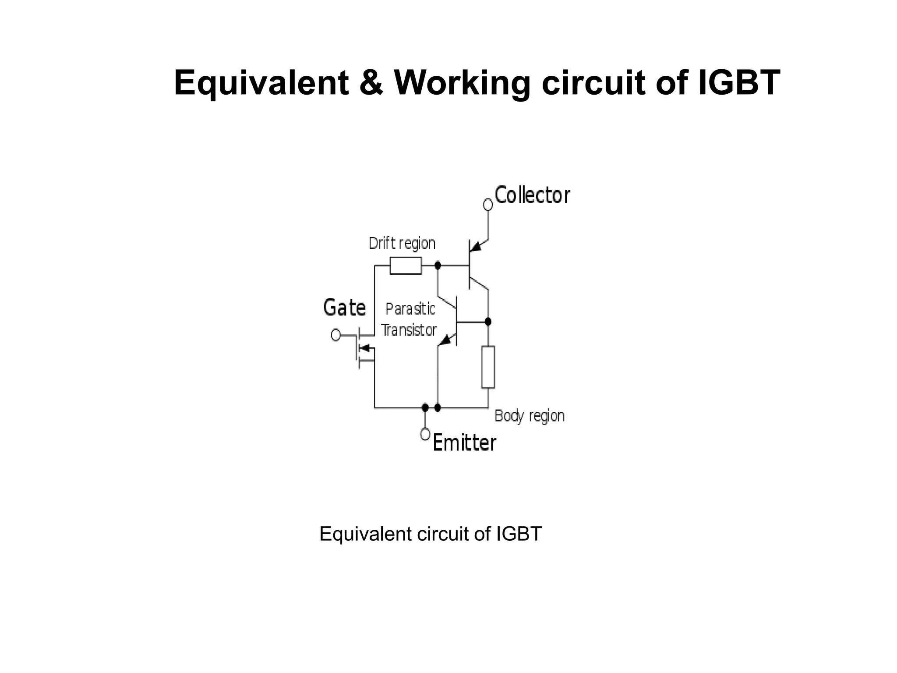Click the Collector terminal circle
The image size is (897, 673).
pyautogui.click(x=488, y=205)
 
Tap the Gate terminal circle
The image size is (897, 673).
pyautogui.click(x=335, y=335)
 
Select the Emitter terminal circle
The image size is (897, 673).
pyautogui.click(x=425, y=434)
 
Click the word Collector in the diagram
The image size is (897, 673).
pyautogui.click(x=532, y=195)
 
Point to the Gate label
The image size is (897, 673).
pyautogui.click(x=344, y=308)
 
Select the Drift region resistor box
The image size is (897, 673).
pyautogui.click(x=406, y=266)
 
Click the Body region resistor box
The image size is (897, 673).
pyautogui.click(x=488, y=367)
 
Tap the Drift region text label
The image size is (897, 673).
pyautogui.click(x=402, y=243)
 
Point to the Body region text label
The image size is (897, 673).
pyautogui.click(x=529, y=416)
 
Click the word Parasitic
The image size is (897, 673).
pyautogui.click(x=410, y=309)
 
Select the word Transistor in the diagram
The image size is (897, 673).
pyautogui.click(x=409, y=330)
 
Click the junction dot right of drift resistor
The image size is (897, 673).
pyautogui.click(x=438, y=265)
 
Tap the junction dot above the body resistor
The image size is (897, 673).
pyautogui.click(x=488, y=322)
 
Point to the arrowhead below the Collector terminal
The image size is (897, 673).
pyautogui.click(x=476, y=246)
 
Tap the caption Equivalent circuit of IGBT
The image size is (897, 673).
pyautogui.click(x=431, y=534)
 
